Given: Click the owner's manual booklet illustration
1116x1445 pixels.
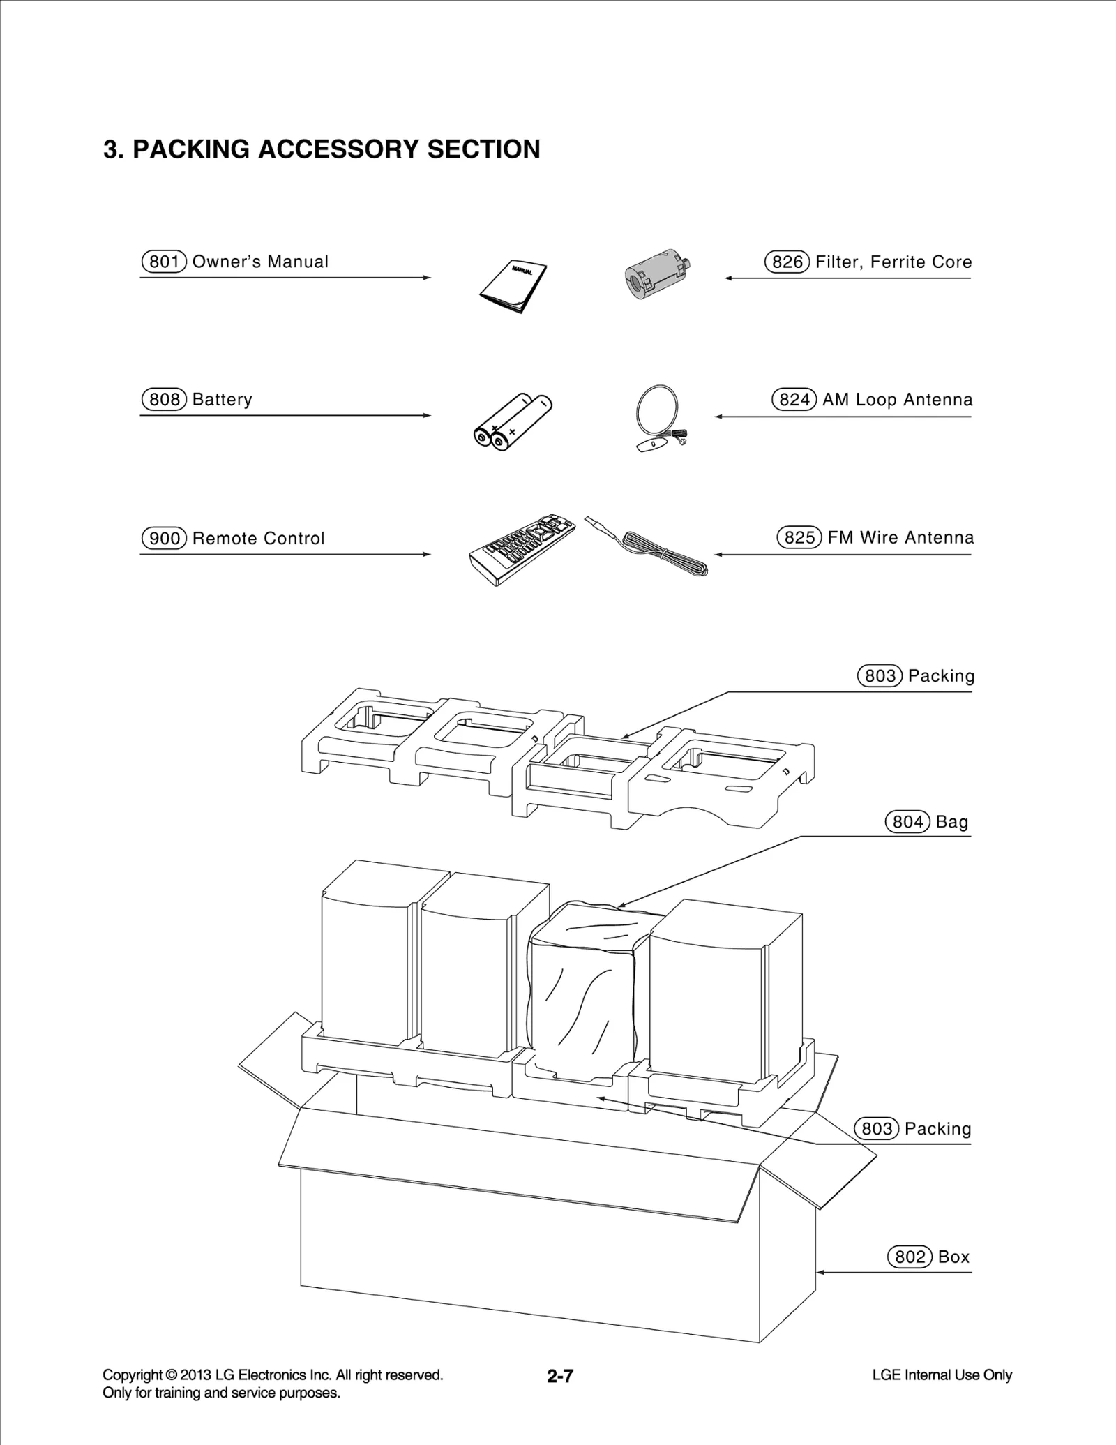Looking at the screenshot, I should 513,287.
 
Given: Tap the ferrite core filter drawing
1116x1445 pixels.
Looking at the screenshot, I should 656,275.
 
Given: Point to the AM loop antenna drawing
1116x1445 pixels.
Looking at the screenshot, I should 660,417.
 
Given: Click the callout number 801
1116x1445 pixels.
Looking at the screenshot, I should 165,262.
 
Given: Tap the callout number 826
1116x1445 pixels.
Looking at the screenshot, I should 787,262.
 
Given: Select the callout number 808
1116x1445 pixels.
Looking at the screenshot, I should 165,400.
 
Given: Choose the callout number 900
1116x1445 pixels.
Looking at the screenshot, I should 165,539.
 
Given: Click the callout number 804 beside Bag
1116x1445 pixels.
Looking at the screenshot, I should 907,822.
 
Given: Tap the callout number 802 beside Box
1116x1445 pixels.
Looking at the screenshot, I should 910,1257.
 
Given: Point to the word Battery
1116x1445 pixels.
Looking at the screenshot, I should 222,400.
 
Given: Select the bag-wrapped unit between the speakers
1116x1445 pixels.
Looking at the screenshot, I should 583,991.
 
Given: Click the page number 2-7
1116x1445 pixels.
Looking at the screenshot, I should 560,1376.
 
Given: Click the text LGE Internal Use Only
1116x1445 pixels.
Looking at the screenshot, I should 942,1375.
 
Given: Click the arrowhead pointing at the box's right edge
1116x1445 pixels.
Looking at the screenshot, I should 821,1272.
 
